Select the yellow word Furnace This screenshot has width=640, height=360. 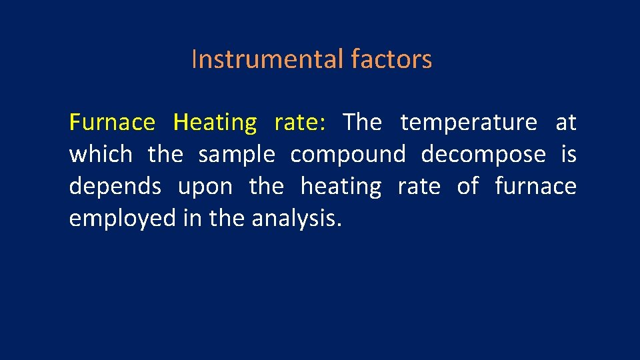point(112,123)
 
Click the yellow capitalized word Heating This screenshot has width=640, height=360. point(215,123)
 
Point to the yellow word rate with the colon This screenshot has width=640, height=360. point(299,123)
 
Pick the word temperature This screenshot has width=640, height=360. point(469,123)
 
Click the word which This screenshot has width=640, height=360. point(101,155)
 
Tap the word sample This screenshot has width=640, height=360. point(237,155)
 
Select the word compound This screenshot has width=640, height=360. point(347,155)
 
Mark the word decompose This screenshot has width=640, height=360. point(483,155)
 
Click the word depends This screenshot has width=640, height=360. point(115,187)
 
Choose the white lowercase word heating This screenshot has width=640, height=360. point(341,187)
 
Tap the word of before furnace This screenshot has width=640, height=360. point(467,186)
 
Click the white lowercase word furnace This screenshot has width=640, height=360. point(535,186)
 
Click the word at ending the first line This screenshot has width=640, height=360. point(566,123)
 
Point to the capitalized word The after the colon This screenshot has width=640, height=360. point(362,123)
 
